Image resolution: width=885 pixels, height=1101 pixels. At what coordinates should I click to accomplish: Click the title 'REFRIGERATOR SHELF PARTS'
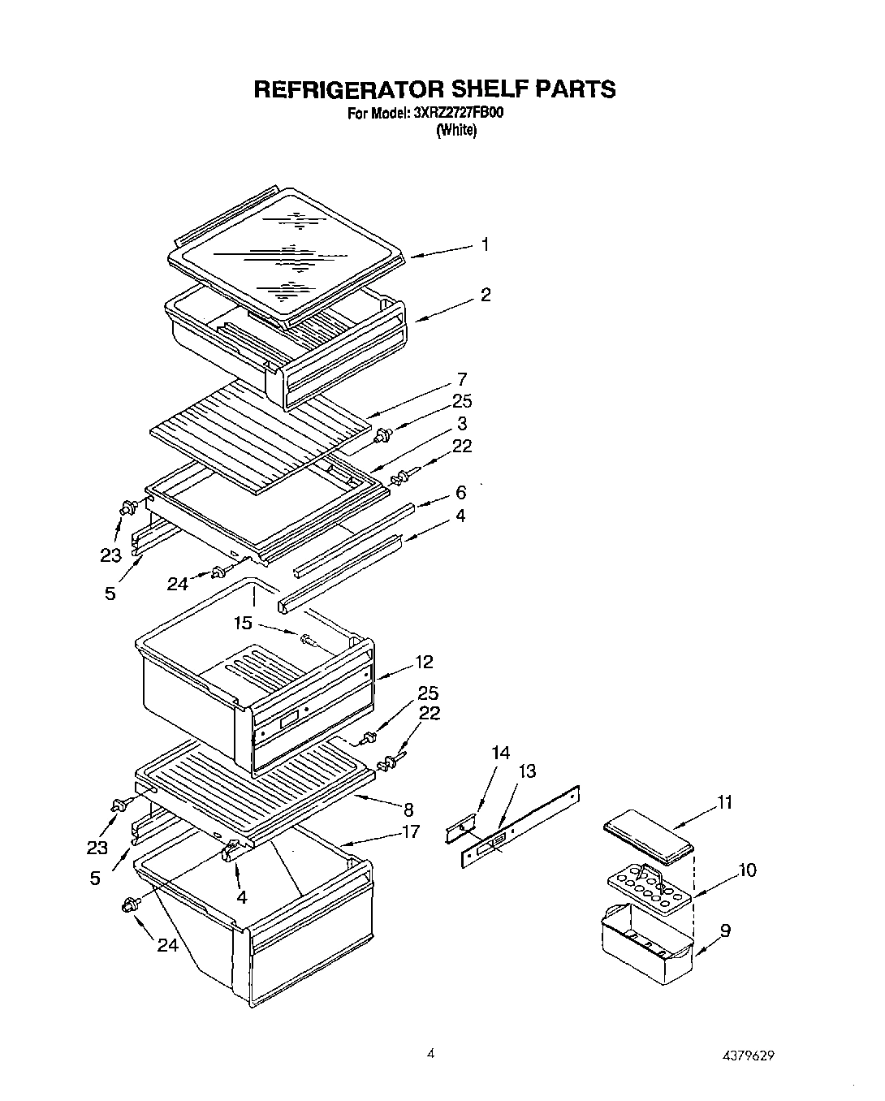(x=434, y=89)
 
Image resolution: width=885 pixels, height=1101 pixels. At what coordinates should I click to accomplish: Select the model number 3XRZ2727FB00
(x=458, y=114)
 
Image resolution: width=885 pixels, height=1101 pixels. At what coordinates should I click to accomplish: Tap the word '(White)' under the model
(x=455, y=131)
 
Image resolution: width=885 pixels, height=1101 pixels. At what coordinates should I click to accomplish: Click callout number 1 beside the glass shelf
(x=485, y=244)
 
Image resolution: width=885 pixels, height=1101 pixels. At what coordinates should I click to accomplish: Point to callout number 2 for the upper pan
(x=485, y=296)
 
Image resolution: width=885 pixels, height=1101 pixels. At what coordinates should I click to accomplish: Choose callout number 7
(x=461, y=379)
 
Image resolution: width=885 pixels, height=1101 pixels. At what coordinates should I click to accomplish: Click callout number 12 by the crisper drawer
(x=424, y=662)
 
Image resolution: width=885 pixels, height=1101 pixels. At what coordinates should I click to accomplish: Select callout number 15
(x=243, y=624)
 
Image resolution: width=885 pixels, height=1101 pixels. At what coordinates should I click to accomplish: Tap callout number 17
(x=411, y=831)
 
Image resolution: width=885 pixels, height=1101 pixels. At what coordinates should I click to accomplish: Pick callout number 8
(x=408, y=809)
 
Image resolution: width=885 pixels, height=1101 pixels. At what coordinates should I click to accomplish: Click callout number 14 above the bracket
(x=500, y=753)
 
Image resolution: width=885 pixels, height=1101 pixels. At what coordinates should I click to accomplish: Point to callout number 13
(x=527, y=771)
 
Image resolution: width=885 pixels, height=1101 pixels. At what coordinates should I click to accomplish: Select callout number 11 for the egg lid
(x=724, y=802)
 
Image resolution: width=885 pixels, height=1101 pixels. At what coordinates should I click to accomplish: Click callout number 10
(x=746, y=870)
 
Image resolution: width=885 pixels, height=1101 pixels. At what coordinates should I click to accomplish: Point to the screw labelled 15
(x=310, y=640)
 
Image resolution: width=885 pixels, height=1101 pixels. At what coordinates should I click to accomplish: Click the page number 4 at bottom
(x=431, y=1054)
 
